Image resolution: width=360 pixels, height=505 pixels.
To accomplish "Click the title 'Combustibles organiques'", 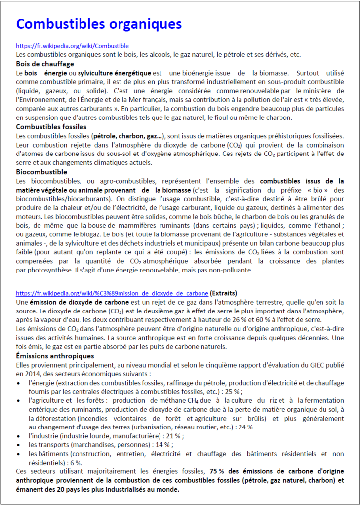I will coord(99,24).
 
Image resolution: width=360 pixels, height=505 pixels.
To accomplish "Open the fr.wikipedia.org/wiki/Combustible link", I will coord(72,46).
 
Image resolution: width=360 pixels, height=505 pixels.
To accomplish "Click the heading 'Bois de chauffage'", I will coord(45,64).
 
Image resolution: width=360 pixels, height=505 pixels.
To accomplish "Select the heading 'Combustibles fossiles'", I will coord(52,127).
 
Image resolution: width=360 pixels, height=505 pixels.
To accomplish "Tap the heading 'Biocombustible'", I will coord(41,172).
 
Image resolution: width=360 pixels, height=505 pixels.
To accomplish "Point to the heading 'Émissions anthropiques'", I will coord(55,356).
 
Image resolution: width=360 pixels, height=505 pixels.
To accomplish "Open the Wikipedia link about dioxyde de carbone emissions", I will coord(112,292).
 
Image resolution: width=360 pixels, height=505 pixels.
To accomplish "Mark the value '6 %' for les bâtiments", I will coord(75,463).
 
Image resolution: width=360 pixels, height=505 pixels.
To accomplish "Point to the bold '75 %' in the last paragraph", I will coord(218,471).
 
